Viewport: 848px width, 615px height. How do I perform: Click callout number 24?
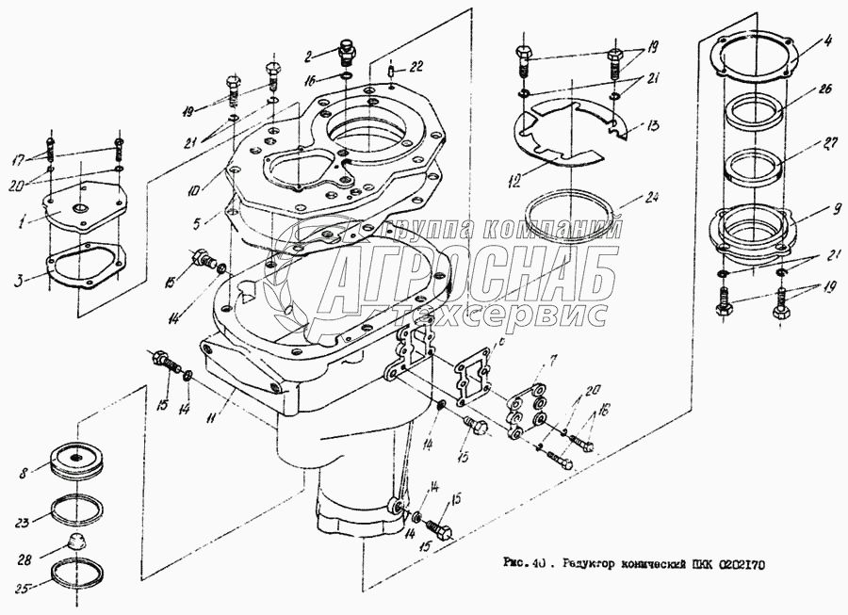click(x=651, y=199)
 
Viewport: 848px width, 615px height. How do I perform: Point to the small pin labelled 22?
click(x=389, y=66)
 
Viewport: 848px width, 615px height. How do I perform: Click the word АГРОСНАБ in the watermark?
click(x=471, y=273)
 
